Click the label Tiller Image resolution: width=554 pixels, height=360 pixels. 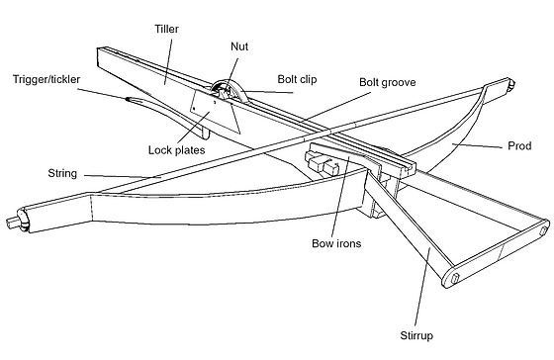pyautogui.click(x=167, y=29)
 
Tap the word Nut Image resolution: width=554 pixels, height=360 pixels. pyautogui.click(x=239, y=46)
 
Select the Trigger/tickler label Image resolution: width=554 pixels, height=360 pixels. pyautogui.click(x=46, y=79)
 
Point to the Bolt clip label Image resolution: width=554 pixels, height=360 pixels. pyautogui.click(x=297, y=79)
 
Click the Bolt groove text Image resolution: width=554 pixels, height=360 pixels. pyautogui.click(x=388, y=82)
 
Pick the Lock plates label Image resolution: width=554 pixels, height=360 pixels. pyautogui.click(x=177, y=149)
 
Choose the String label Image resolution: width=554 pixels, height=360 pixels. pyautogui.click(x=62, y=173)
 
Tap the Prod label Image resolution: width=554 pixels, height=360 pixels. pyautogui.click(x=519, y=146)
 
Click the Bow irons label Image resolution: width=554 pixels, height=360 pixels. pyautogui.click(x=336, y=243)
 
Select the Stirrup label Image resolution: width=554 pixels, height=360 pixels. pyautogui.click(x=416, y=335)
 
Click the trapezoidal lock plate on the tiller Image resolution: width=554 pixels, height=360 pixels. pyautogui.click(x=215, y=112)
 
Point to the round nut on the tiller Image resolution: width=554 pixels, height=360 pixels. pyautogui.click(x=228, y=91)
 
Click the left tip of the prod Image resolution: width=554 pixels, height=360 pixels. pyautogui.click(x=10, y=222)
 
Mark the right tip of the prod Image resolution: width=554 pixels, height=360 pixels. pyautogui.click(x=512, y=84)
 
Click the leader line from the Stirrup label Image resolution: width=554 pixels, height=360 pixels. pyautogui.click(x=422, y=288)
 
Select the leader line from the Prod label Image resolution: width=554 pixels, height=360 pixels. pyautogui.click(x=477, y=145)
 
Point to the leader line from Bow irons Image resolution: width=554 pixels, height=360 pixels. pyautogui.click(x=342, y=195)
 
